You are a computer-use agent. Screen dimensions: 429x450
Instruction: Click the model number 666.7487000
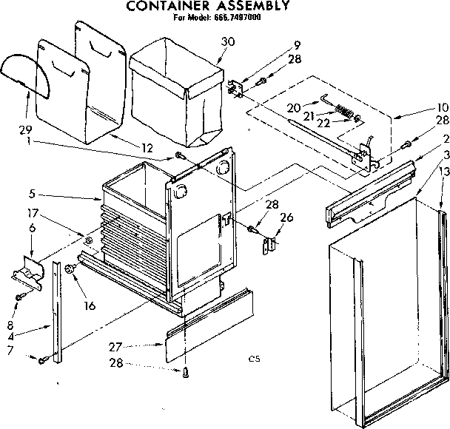(x=238, y=18)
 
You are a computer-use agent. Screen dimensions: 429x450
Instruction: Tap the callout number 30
(x=227, y=41)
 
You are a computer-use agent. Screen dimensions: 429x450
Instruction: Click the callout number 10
(x=443, y=107)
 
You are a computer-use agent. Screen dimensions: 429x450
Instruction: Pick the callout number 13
(x=443, y=171)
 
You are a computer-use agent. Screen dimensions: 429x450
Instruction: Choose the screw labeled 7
(x=45, y=360)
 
